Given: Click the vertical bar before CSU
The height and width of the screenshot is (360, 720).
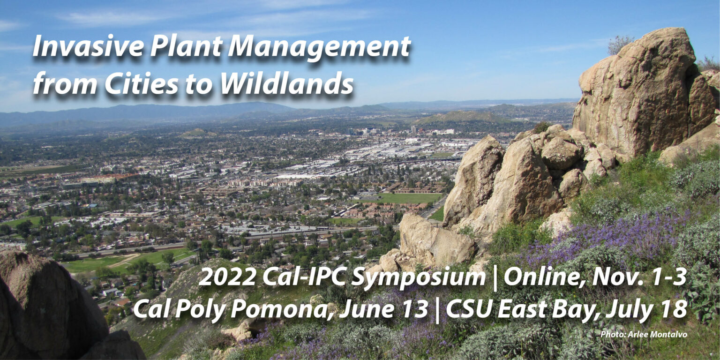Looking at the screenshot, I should [437, 309].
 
